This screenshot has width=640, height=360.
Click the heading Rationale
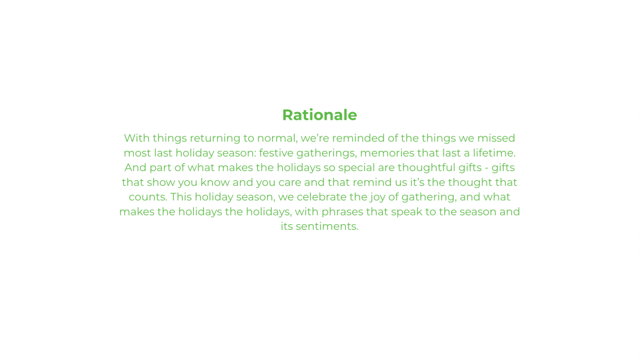pos(320,115)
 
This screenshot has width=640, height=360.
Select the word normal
pos(277,138)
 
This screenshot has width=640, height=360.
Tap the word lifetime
pos(494,153)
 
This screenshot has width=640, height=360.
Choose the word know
pos(215,182)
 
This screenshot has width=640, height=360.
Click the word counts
pos(148,197)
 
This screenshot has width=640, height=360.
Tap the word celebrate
pos(322,197)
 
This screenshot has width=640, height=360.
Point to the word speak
pos(407,212)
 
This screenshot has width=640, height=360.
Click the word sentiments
pos(327,227)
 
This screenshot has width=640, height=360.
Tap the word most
pos(137,153)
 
